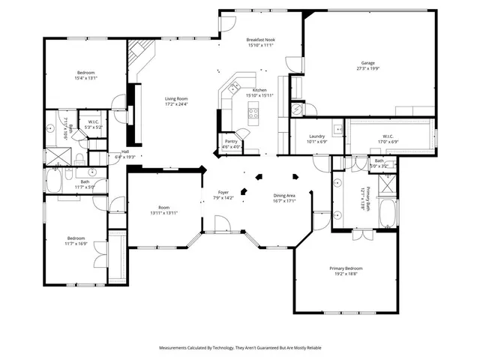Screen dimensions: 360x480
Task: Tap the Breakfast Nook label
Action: [x=259, y=40]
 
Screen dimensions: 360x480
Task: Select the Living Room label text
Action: [x=176, y=98]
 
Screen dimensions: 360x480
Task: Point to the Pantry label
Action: [x=232, y=142]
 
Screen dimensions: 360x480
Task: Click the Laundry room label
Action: [x=316, y=136]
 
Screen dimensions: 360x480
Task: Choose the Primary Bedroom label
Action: [x=346, y=268]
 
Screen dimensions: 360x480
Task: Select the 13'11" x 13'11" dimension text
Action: [x=164, y=213]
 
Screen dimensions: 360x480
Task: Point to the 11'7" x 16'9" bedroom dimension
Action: [x=77, y=243]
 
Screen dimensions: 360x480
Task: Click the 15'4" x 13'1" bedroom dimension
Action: [x=87, y=78]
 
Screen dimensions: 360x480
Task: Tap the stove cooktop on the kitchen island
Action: [x=253, y=115]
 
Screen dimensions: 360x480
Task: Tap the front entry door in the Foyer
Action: [x=223, y=224]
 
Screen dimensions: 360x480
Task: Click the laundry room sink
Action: [x=339, y=130]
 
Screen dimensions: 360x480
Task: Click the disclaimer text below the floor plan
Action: [x=239, y=348]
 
